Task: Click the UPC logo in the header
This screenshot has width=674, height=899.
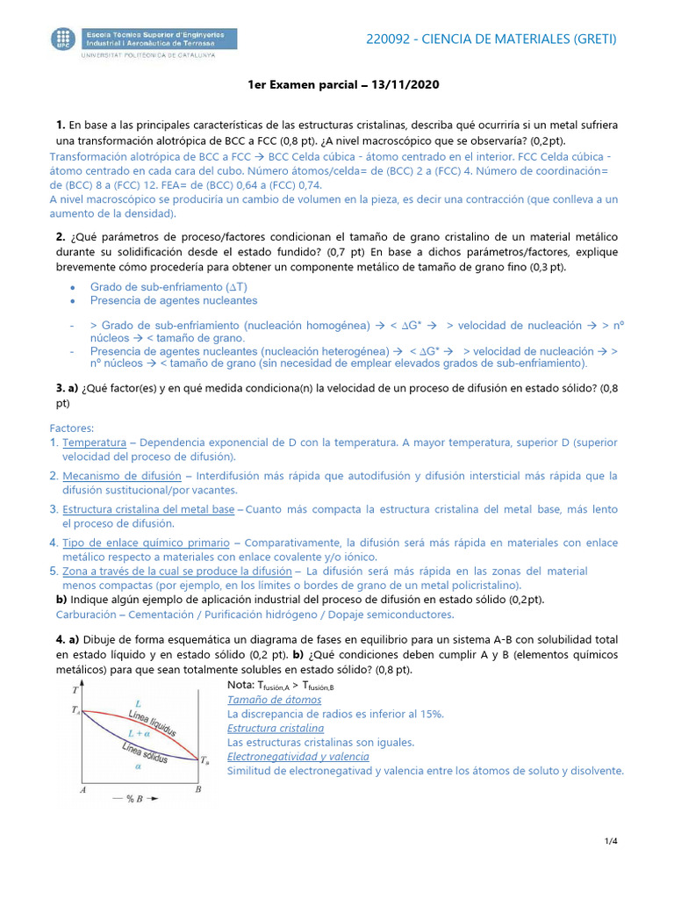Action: click(63, 40)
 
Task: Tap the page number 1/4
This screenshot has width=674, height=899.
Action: click(611, 842)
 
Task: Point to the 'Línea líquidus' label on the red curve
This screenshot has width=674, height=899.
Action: click(152, 721)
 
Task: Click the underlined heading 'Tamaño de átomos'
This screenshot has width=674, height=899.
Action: click(274, 700)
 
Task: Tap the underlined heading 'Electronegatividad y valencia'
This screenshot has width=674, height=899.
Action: click(298, 756)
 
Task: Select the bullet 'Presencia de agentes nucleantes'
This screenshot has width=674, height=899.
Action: click(174, 300)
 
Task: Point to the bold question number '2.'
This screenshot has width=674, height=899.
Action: click(61, 237)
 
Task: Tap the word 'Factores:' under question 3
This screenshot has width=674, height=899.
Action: click(72, 428)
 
